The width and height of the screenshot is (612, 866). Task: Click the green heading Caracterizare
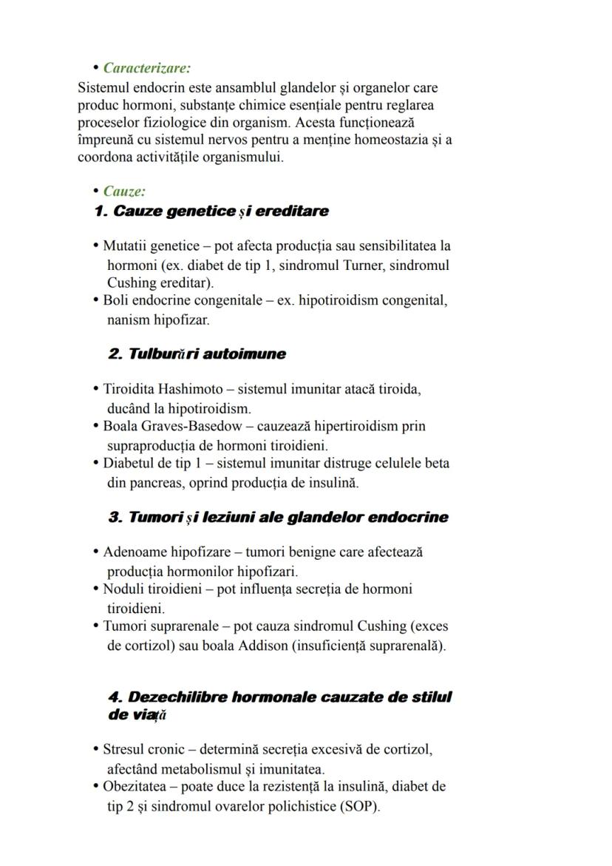coord(146,68)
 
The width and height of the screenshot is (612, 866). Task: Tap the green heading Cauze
coord(124,192)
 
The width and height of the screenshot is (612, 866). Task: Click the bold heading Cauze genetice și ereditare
coord(211,212)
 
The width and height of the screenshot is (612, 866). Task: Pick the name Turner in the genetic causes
coord(364,265)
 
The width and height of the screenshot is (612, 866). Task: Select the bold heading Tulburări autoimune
coord(197,354)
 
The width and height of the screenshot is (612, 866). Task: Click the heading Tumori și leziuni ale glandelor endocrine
coord(278,518)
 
